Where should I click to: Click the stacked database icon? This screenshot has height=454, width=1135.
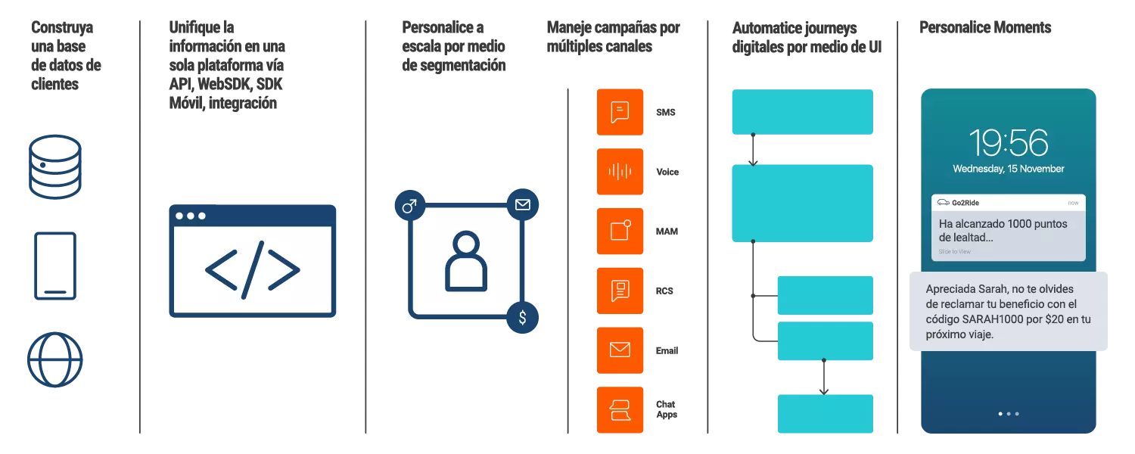[x=54, y=166]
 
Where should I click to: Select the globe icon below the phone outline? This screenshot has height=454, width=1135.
[x=54, y=359]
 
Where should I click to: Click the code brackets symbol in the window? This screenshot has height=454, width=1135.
[x=252, y=269]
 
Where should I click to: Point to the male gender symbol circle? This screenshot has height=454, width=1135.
[x=409, y=206]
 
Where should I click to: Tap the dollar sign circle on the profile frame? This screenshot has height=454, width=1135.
[x=522, y=318]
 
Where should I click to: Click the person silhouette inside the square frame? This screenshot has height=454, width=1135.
[x=465, y=261]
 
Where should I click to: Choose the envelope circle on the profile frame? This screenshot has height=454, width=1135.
[x=522, y=205]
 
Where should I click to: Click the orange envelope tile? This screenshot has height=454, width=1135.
[x=620, y=350]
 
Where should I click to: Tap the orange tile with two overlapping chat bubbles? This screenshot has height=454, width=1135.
[x=620, y=409]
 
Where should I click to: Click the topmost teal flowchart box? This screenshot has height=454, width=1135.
[x=802, y=112]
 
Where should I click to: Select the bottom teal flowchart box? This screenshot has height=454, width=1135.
[x=826, y=414]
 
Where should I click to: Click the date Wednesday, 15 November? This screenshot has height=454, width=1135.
[x=1009, y=169]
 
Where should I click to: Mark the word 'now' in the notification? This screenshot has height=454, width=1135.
[x=1073, y=203]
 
